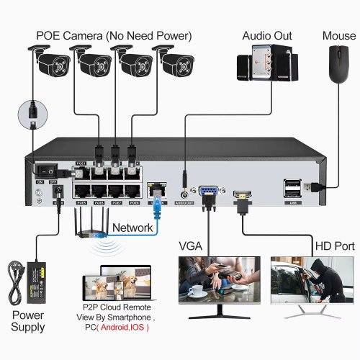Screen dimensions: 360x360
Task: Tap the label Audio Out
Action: coord(267,34)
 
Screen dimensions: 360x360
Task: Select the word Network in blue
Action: coord(132,228)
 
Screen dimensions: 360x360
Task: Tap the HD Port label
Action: coord(334,246)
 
